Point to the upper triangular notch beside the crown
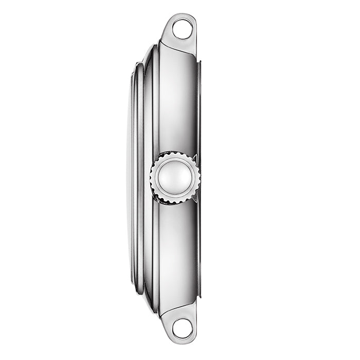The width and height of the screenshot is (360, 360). click(x=196, y=156)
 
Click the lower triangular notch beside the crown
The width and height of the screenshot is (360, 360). click(x=196, y=198)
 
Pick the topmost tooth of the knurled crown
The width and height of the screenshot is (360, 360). click(x=175, y=153)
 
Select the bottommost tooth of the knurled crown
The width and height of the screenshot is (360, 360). click(x=175, y=202)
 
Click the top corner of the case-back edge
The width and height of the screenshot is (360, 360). click(x=199, y=61)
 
